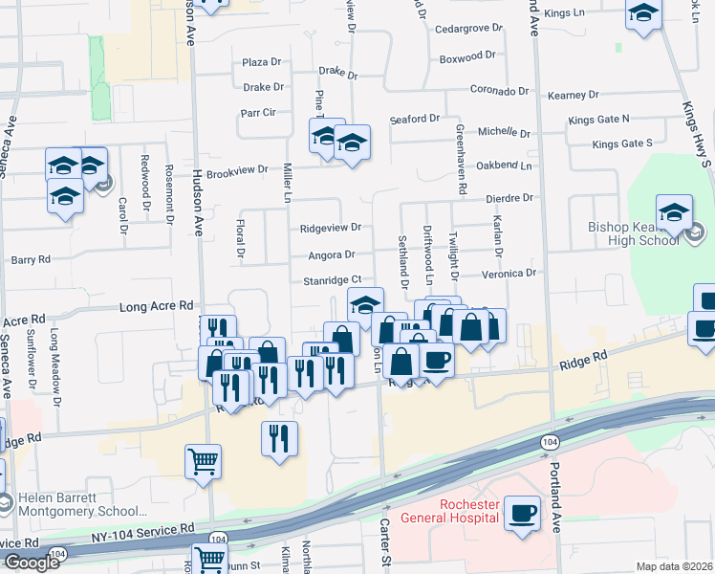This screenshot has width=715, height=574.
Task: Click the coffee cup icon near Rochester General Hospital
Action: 522,512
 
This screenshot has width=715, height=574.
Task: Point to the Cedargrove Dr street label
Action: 468,29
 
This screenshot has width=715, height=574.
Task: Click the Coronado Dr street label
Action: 499,91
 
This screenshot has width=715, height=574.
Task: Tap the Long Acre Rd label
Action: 157,307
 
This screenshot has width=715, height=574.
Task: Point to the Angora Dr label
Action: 332,255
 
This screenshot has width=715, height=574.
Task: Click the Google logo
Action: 32,562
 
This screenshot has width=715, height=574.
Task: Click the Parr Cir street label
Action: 258,112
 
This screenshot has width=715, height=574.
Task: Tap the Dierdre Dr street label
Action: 509,198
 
